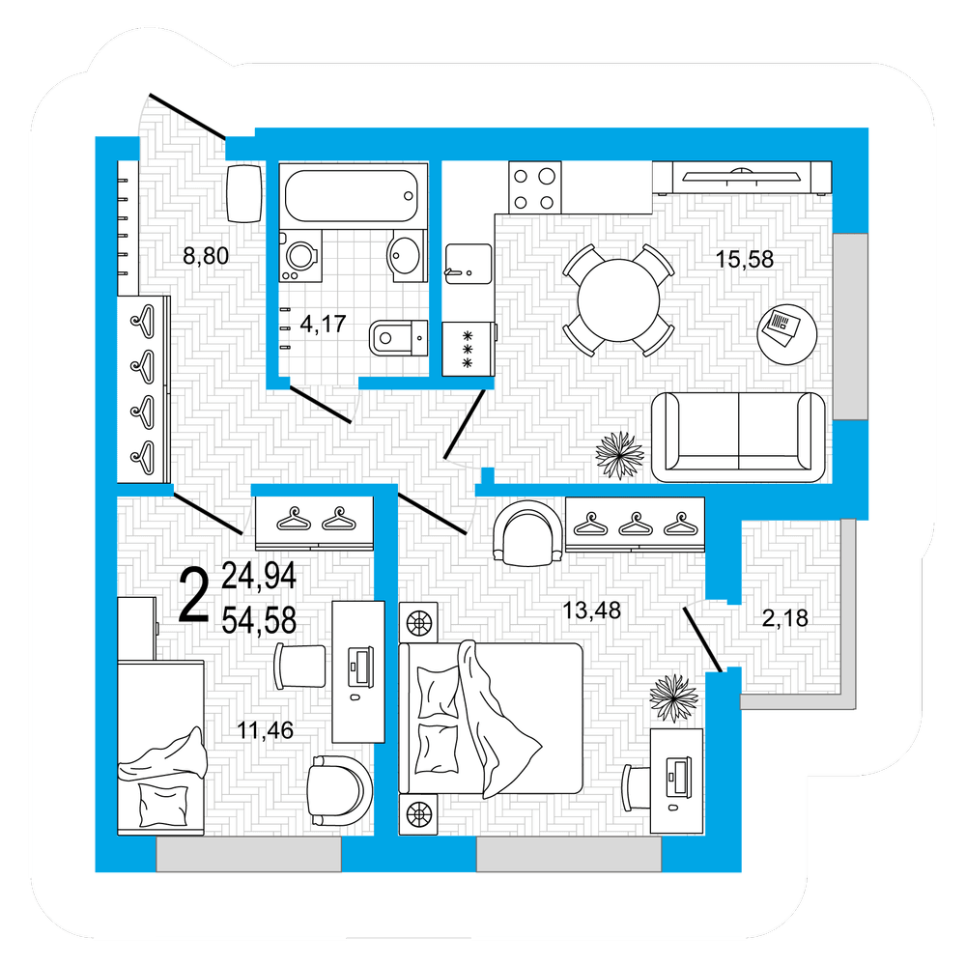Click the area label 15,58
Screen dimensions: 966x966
(x=744, y=259)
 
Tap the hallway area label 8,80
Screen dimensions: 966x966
(x=206, y=256)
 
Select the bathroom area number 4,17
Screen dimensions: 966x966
(x=323, y=324)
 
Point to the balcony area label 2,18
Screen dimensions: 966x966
(x=784, y=618)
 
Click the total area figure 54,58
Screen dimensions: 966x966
(x=259, y=620)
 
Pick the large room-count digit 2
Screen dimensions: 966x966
(x=194, y=595)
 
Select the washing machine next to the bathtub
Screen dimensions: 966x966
(x=300, y=256)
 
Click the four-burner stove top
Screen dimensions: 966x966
(x=535, y=187)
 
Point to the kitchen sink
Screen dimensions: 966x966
(x=469, y=264)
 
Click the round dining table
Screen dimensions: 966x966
(x=618, y=300)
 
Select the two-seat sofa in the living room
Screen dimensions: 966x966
(x=738, y=437)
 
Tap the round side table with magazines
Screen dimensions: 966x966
(x=786, y=335)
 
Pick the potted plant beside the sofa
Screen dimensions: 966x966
(x=620, y=455)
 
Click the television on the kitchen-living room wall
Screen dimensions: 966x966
(x=742, y=177)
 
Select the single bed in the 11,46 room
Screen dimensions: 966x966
(x=160, y=748)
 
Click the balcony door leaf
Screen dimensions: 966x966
(x=702, y=639)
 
